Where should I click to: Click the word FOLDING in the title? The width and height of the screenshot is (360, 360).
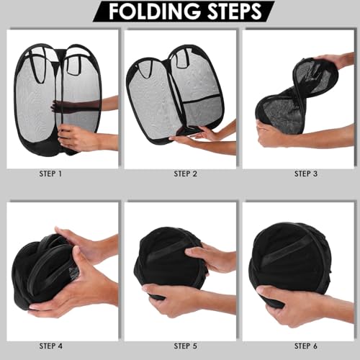[x=154, y=12]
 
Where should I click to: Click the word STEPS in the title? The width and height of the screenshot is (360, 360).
[x=234, y=12]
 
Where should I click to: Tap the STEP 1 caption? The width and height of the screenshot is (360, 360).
[x=50, y=174]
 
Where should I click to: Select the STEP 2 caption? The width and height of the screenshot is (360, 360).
[x=185, y=174]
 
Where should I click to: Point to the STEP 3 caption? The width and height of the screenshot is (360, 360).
[x=306, y=174]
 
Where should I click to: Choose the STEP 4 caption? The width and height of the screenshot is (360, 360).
[x=50, y=346]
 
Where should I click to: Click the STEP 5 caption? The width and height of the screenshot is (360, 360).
[x=185, y=346]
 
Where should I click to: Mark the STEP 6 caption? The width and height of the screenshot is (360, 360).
[x=306, y=346]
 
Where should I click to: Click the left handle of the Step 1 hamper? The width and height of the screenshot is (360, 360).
[x=35, y=68]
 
